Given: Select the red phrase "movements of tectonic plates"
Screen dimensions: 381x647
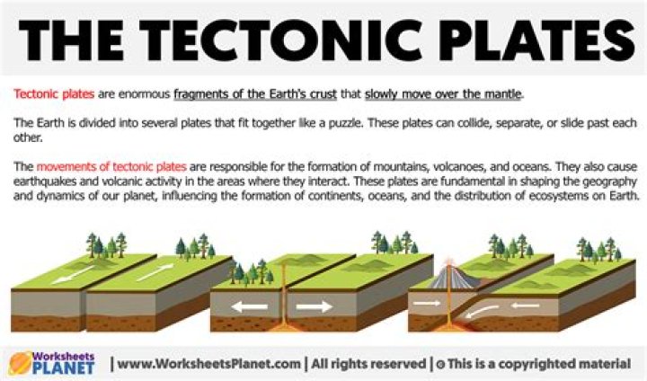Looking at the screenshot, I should [x=111, y=167].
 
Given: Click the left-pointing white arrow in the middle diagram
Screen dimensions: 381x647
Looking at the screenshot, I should [x=250, y=307].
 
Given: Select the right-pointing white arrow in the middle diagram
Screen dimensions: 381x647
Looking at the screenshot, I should [x=314, y=307].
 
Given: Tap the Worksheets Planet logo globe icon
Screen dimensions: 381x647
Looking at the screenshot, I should [x=18, y=363].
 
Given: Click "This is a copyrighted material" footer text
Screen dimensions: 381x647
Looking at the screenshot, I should [x=537, y=364].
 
